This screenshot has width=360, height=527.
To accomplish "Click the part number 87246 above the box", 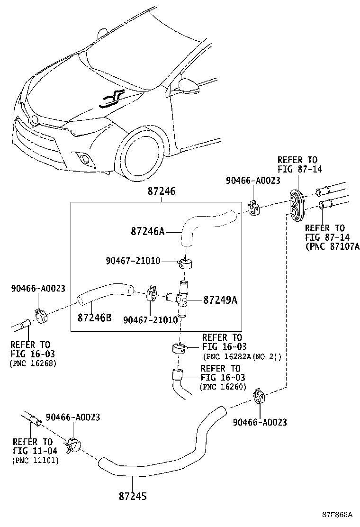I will [x=161, y=192].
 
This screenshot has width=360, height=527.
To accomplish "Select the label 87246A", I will [x=147, y=232].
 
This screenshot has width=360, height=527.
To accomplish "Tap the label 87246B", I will [x=94, y=317].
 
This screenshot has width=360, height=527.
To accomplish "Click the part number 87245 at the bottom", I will [x=133, y=496].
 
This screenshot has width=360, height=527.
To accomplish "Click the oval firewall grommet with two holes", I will [x=298, y=204].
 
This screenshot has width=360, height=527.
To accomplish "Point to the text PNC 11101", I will [x=35, y=460].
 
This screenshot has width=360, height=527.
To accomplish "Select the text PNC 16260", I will [x=223, y=387].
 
